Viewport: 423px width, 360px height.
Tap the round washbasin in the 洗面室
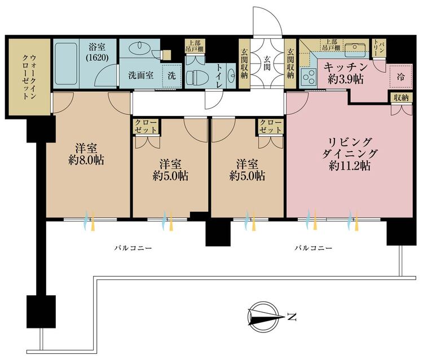click(x=138, y=48)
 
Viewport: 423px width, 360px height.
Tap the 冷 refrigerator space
click(x=401, y=77)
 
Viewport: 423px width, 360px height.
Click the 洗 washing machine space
click(x=172, y=75)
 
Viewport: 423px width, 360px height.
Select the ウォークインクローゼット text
click(x=29, y=77)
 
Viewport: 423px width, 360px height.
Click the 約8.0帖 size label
click(x=86, y=161)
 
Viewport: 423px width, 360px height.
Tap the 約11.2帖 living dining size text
click(x=349, y=166)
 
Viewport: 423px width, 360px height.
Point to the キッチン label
click(x=346, y=66)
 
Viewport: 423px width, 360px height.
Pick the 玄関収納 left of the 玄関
click(x=244, y=64)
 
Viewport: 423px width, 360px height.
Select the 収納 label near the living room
click(x=401, y=98)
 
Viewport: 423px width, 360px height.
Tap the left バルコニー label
click(x=133, y=248)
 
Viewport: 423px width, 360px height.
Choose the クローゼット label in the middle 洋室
click(x=146, y=126)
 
